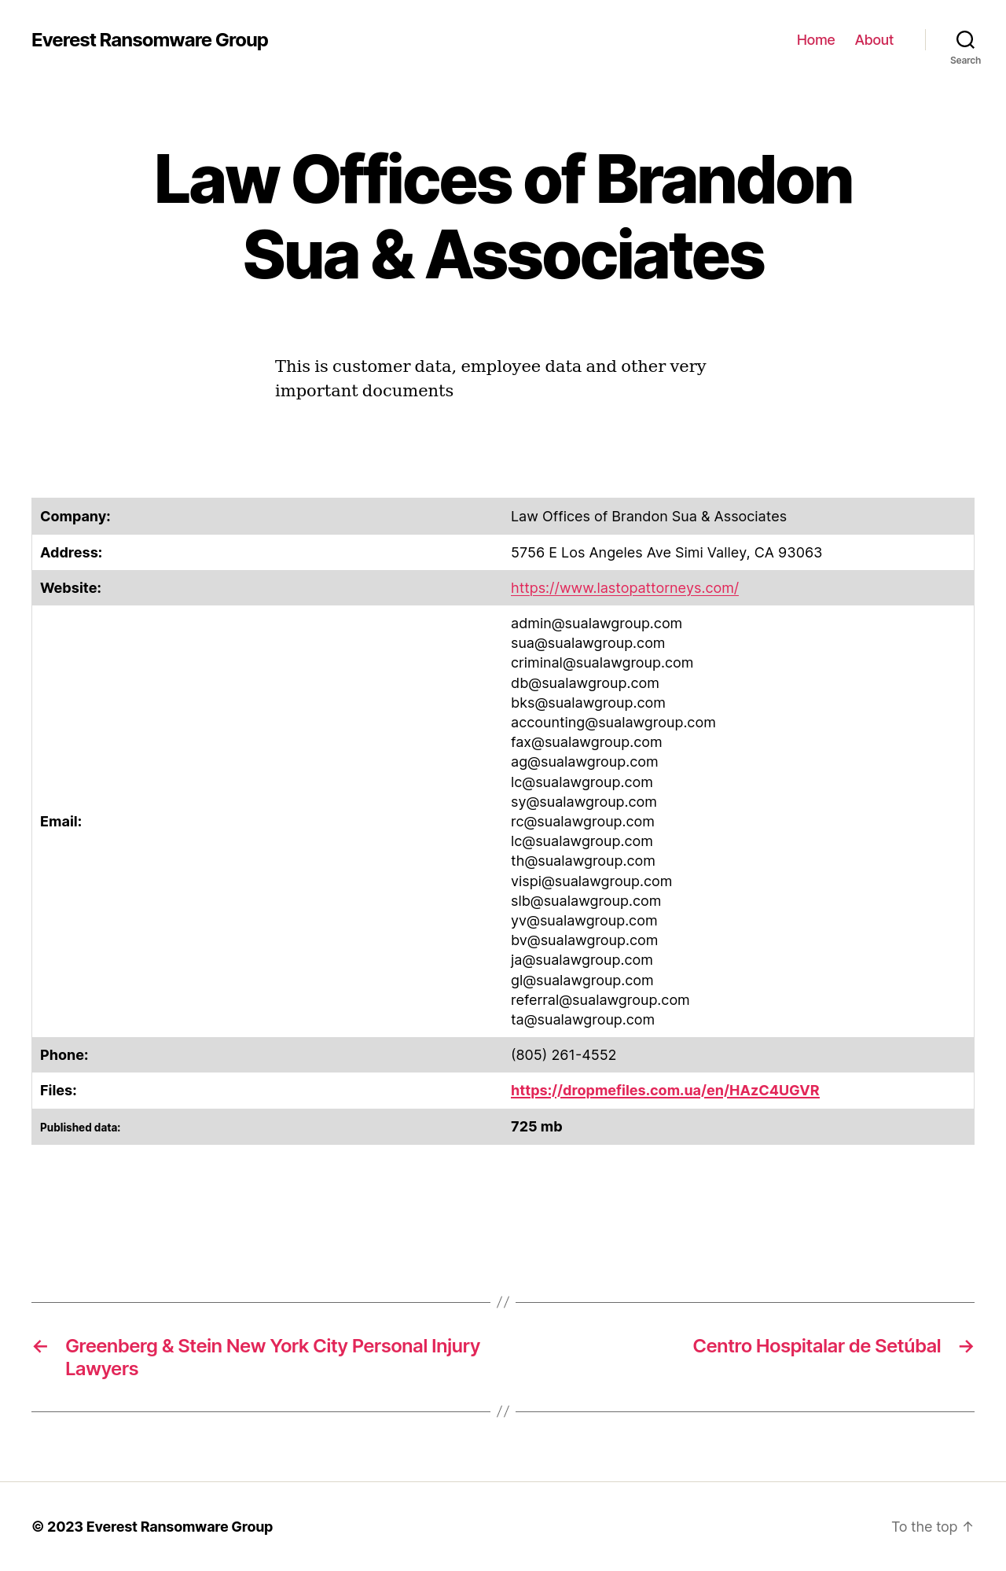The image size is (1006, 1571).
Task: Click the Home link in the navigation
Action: pyautogui.click(x=815, y=40)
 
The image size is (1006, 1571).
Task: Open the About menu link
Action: pyautogui.click(x=874, y=40)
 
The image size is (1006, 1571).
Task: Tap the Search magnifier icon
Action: pyautogui.click(x=965, y=40)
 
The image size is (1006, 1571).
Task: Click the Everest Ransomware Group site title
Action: pyautogui.click(x=149, y=40)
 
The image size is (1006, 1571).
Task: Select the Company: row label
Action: pyautogui.click(x=75, y=517)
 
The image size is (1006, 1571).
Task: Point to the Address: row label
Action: pyautogui.click(x=72, y=553)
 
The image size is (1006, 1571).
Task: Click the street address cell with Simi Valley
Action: pyautogui.click(x=666, y=553)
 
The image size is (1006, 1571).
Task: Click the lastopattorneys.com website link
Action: pyautogui.click(x=624, y=588)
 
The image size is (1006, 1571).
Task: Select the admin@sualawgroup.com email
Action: pyautogui.click(x=596, y=624)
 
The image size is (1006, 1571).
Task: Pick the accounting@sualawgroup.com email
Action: pyautogui.click(x=613, y=723)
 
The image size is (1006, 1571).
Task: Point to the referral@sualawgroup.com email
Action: pyautogui.click(x=600, y=1000)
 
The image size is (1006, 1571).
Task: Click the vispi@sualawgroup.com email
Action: pyautogui.click(x=591, y=881)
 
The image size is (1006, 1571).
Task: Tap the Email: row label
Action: pyautogui.click(x=61, y=822)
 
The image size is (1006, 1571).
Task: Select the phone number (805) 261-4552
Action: pyautogui.click(x=563, y=1055)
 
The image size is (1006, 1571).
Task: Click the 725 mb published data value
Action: pyautogui.click(x=536, y=1127)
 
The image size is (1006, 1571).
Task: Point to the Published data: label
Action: pyautogui.click(x=80, y=1128)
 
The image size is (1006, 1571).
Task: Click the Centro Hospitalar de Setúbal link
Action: pyautogui.click(x=816, y=1346)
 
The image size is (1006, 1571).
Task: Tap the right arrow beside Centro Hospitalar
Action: pyautogui.click(x=966, y=1347)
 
